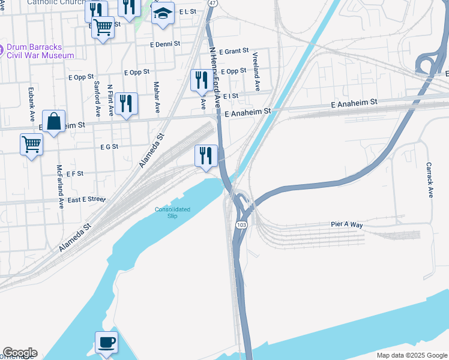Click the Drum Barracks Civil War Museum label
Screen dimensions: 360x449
point(40,51)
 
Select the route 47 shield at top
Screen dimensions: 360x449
point(212,3)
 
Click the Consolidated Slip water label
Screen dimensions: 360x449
point(173,212)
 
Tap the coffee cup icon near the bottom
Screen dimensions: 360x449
point(106,343)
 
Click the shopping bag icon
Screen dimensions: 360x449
point(54,121)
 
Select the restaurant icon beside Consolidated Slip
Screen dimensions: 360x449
point(206,155)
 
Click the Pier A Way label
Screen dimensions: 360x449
point(347,224)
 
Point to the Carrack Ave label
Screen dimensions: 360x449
point(430,179)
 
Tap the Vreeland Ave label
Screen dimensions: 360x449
point(256,71)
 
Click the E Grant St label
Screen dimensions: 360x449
point(234,52)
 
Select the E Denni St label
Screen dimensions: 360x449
point(169,44)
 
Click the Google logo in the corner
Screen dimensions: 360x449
point(19,353)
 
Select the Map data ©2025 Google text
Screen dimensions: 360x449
point(411,355)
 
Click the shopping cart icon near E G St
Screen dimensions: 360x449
point(31,144)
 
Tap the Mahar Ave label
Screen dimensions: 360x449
point(157,97)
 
